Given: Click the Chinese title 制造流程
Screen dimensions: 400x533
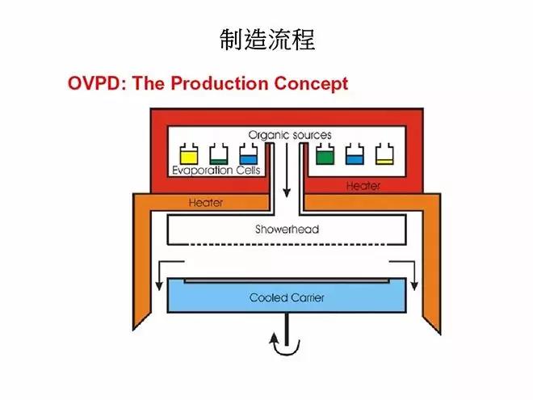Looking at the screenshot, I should [x=266, y=38].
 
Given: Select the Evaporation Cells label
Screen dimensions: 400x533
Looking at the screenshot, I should [x=215, y=171].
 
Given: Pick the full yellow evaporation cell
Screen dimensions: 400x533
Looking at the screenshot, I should [x=188, y=154].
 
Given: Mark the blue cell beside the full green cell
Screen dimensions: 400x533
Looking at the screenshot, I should [x=353, y=154].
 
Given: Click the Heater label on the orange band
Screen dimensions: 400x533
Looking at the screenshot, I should [x=205, y=203].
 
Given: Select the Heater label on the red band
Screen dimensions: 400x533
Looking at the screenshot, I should [x=363, y=186].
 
